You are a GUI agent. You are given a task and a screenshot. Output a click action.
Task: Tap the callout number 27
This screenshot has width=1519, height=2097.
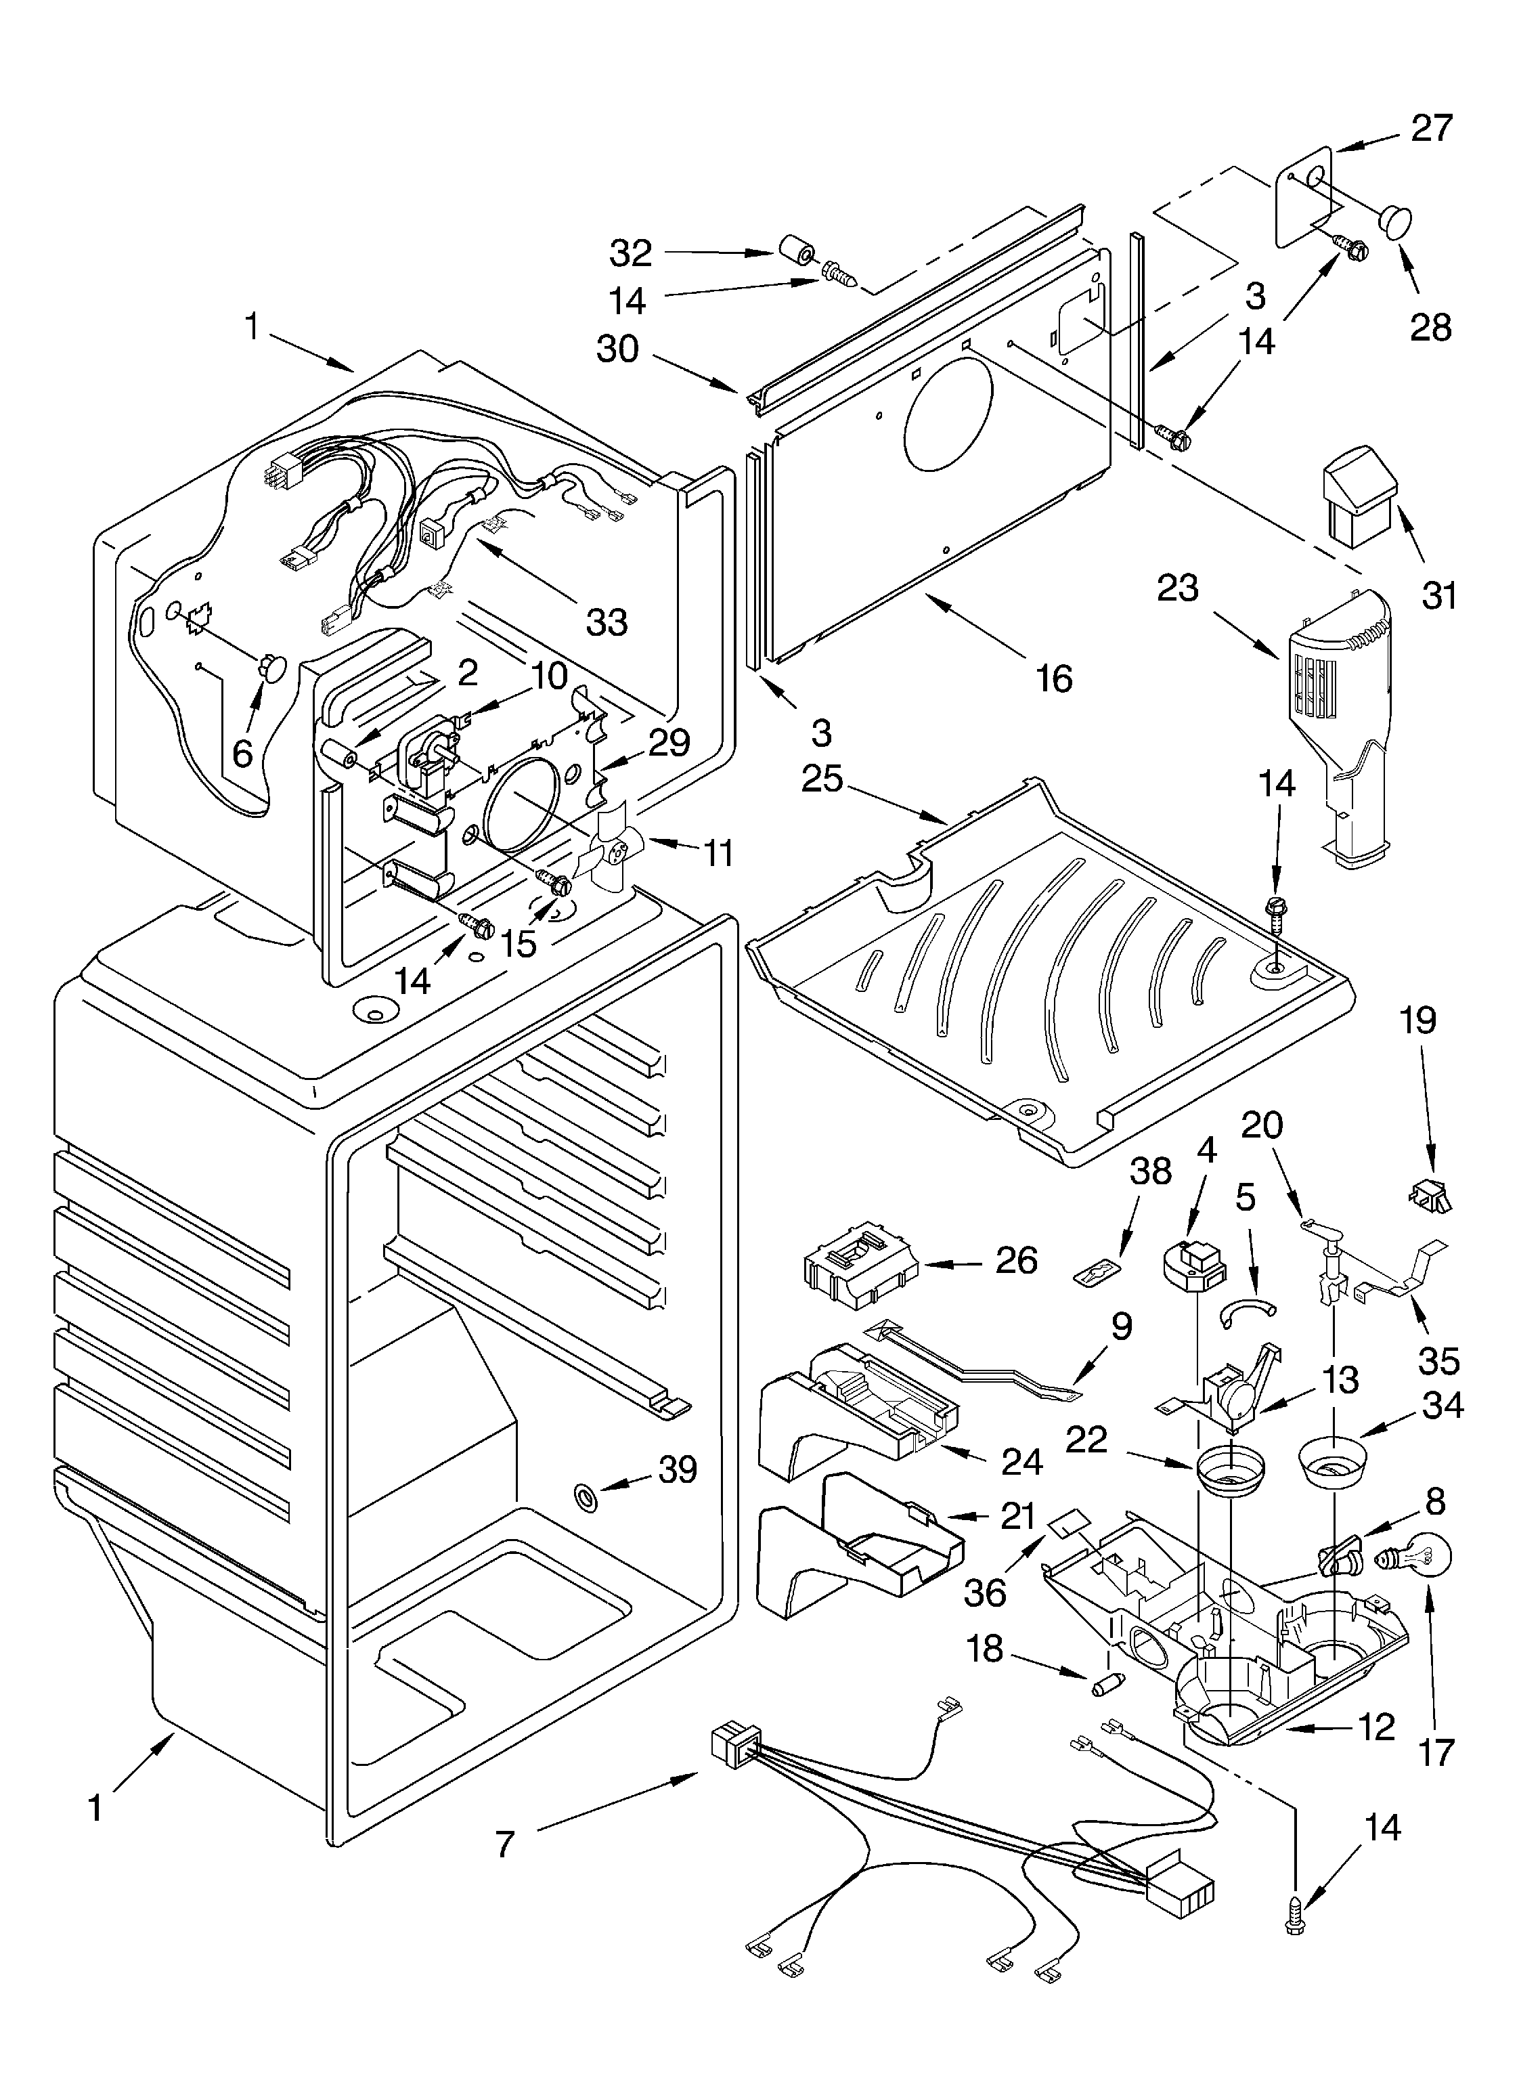1431,127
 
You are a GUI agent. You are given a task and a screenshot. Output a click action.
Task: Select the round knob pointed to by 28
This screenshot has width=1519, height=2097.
1395,221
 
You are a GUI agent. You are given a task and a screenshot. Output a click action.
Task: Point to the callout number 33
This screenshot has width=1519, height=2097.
607,622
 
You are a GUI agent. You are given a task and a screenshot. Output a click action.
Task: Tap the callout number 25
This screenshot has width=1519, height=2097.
822,779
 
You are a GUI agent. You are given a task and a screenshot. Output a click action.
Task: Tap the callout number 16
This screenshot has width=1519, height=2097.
1054,678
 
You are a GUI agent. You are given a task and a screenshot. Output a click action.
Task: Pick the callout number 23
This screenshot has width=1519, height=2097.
1178,588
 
